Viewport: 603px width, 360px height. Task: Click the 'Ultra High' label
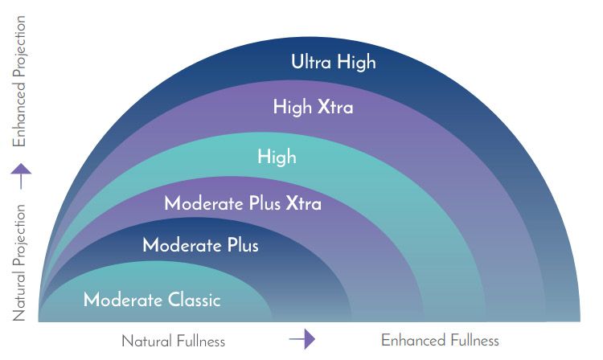[x=334, y=62]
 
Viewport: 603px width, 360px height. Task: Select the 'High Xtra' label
[x=313, y=106]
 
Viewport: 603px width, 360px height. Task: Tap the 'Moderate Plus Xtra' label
[x=243, y=202]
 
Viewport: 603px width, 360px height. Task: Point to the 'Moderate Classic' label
[x=152, y=300]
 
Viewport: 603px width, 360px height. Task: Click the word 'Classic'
[x=195, y=300]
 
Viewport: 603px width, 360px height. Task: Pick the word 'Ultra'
[x=311, y=61]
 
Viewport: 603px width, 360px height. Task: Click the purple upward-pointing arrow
[x=21, y=176]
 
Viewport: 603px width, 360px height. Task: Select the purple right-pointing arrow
[x=302, y=339]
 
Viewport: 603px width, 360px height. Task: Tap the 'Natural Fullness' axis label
[x=173, y=342]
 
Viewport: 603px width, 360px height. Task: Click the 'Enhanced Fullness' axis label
[x=440, y=341]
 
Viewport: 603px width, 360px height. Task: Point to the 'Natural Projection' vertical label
[x=19, y=263]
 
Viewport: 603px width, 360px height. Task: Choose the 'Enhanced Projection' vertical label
[x=19, y=81]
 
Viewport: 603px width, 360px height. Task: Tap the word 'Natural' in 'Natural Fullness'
[x=146, y=342]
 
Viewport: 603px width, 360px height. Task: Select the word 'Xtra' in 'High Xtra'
[x=335, y=107]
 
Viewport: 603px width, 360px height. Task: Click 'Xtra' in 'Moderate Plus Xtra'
[x=303, y=203]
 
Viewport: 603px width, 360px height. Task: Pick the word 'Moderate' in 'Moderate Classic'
[x=123, y=300]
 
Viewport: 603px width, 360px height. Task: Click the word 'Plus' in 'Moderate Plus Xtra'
[x=265, y=203]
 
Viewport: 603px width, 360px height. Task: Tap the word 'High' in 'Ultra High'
[x=356, y=62]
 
